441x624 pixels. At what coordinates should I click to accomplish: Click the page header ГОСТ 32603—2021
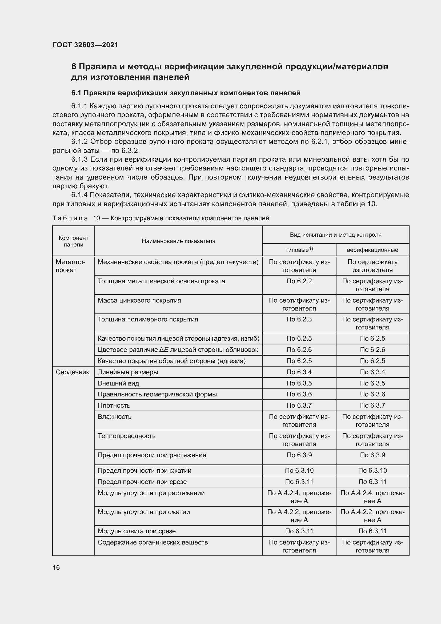tap(85, 45)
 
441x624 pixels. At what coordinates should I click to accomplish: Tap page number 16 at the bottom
tap(56, 567)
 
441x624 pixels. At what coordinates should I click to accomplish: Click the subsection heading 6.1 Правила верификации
tap(186, 93)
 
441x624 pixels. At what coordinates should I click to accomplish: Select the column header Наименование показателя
tap(178, 241)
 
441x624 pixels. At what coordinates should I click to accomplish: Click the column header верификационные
tap(372, 250)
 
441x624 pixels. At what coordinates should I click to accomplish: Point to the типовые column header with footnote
tap(299, 249)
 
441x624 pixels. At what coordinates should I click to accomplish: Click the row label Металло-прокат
tap(70, 266)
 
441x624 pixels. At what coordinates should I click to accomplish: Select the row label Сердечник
tap(72, 372)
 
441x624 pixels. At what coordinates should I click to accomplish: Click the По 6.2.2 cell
tap(299, 281)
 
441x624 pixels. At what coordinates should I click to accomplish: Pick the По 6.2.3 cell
tap(299, 319)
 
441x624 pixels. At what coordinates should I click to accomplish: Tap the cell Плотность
tap(114, 405)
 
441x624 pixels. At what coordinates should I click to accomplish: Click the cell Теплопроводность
tap(127, 436)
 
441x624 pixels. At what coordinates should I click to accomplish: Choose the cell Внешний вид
tap(118, 383)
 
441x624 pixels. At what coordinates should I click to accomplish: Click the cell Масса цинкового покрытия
tap(139, 300)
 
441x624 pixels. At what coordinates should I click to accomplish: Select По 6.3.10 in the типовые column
tap(299, 470)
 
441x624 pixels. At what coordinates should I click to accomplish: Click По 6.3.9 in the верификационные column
tap(372, 455)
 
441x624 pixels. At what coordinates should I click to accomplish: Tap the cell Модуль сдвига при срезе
tap(137, 531)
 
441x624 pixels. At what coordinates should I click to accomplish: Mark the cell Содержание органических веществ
tap(153, 542)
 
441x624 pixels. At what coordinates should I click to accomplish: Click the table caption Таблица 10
tap(161, 218)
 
